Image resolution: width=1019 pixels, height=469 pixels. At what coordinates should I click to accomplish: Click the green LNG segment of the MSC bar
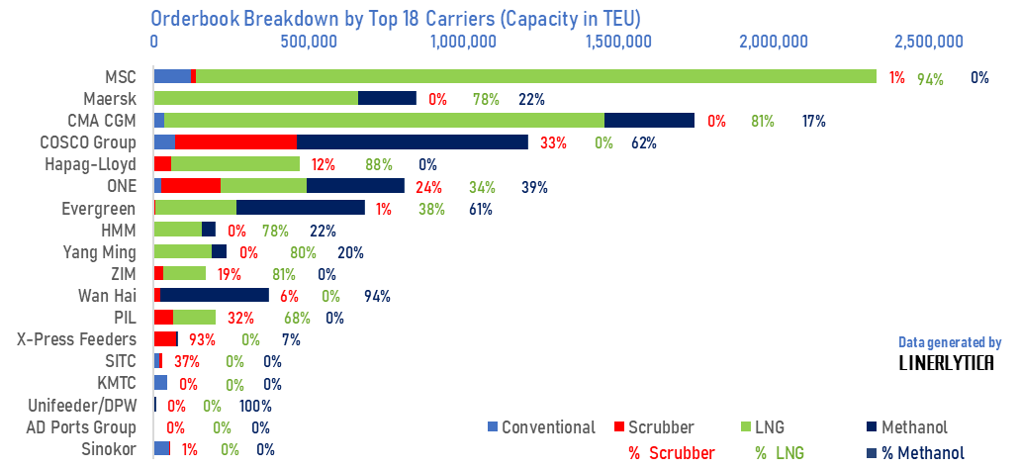(534, 76)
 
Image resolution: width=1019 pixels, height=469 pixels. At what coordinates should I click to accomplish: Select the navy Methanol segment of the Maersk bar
(386, 98)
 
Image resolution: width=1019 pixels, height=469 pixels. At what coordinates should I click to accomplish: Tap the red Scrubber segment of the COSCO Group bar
(235, 142)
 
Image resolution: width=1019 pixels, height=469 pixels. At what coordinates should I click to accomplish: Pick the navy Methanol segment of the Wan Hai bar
(214, 295)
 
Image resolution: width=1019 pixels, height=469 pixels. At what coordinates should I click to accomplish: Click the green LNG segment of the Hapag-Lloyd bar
(234, 164)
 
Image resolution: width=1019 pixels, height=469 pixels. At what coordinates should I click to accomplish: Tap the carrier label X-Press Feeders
(76, 339)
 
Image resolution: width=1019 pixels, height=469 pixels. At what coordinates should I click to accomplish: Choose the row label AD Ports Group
(80, 427)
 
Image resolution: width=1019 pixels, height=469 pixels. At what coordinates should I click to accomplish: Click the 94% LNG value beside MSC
(930, 79)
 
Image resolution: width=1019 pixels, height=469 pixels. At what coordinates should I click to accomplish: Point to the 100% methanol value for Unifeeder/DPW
(254, 406)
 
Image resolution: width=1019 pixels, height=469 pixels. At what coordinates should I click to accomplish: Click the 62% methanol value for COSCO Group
(643, 142)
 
